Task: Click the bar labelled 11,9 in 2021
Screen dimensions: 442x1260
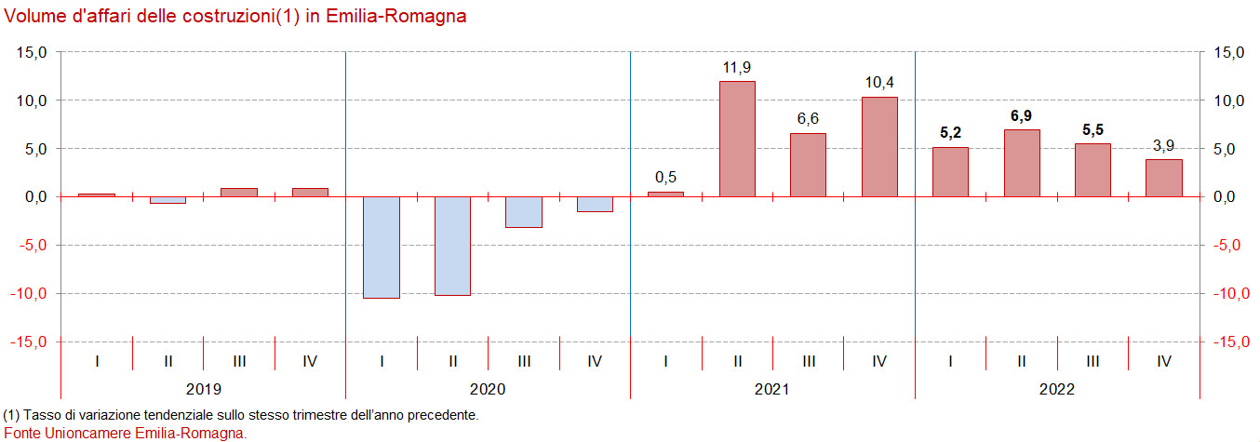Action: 737,139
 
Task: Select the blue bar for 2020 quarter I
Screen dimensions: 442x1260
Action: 382,247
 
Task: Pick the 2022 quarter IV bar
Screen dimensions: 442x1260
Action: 1163,178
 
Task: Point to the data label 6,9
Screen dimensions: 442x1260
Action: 1022,116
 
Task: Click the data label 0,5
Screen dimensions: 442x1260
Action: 665,178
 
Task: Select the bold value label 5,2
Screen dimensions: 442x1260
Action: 950,133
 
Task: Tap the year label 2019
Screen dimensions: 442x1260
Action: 204,389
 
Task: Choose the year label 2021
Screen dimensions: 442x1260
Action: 772,389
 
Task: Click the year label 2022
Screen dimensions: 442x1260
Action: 1056,389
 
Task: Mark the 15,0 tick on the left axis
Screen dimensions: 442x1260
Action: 33,52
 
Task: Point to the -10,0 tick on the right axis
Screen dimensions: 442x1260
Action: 1227,293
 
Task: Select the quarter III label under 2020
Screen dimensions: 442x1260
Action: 524,360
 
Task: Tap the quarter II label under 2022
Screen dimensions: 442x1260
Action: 1022,360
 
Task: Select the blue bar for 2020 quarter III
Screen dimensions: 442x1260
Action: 524,211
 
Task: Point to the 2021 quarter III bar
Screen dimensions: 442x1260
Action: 808,165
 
